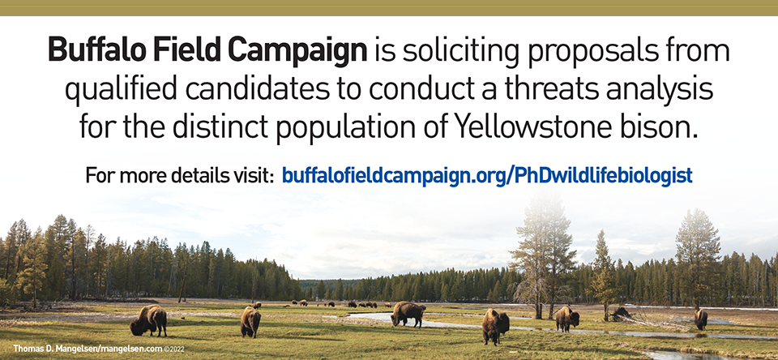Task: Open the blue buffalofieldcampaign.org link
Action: coord(487,174)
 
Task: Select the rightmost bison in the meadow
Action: coord(701,318)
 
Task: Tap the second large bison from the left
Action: coord(250,321)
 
